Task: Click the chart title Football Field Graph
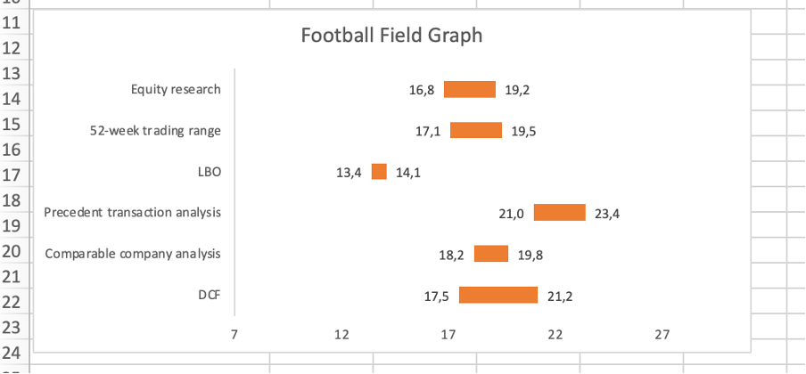coord(391,36)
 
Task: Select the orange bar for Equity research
coord(469,89)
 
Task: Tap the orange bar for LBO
coord(379,172)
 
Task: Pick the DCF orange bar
coord(498,295)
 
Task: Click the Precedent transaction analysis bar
coord(559,213)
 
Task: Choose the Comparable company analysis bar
coord(491,254)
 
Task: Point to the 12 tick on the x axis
coord(341,334)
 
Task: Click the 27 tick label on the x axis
coord(662,334)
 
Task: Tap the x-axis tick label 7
coord(234,334)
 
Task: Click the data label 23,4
coord(607,214)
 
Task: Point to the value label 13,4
coord(349,173)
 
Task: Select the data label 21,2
coord(559,296)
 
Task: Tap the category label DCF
coord(209,295)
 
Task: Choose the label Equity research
coord(176,89)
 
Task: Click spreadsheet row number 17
coord(13,174)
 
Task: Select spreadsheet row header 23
coord(13,327)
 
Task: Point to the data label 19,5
coord(524,131)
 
